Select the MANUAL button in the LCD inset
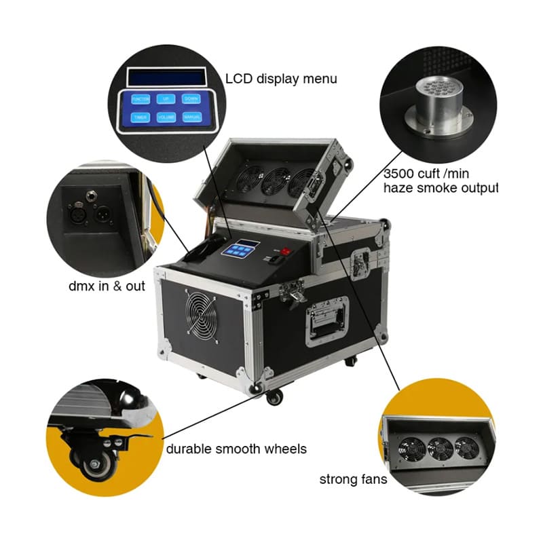click(x=191, y=117)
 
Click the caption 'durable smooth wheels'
click(x=236, y=449)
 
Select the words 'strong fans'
click(x=353, y=480)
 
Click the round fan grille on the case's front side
click(x=202, y=314)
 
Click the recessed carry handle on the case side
click(x=328, y=324)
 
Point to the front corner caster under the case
click(x=274, y=396)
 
